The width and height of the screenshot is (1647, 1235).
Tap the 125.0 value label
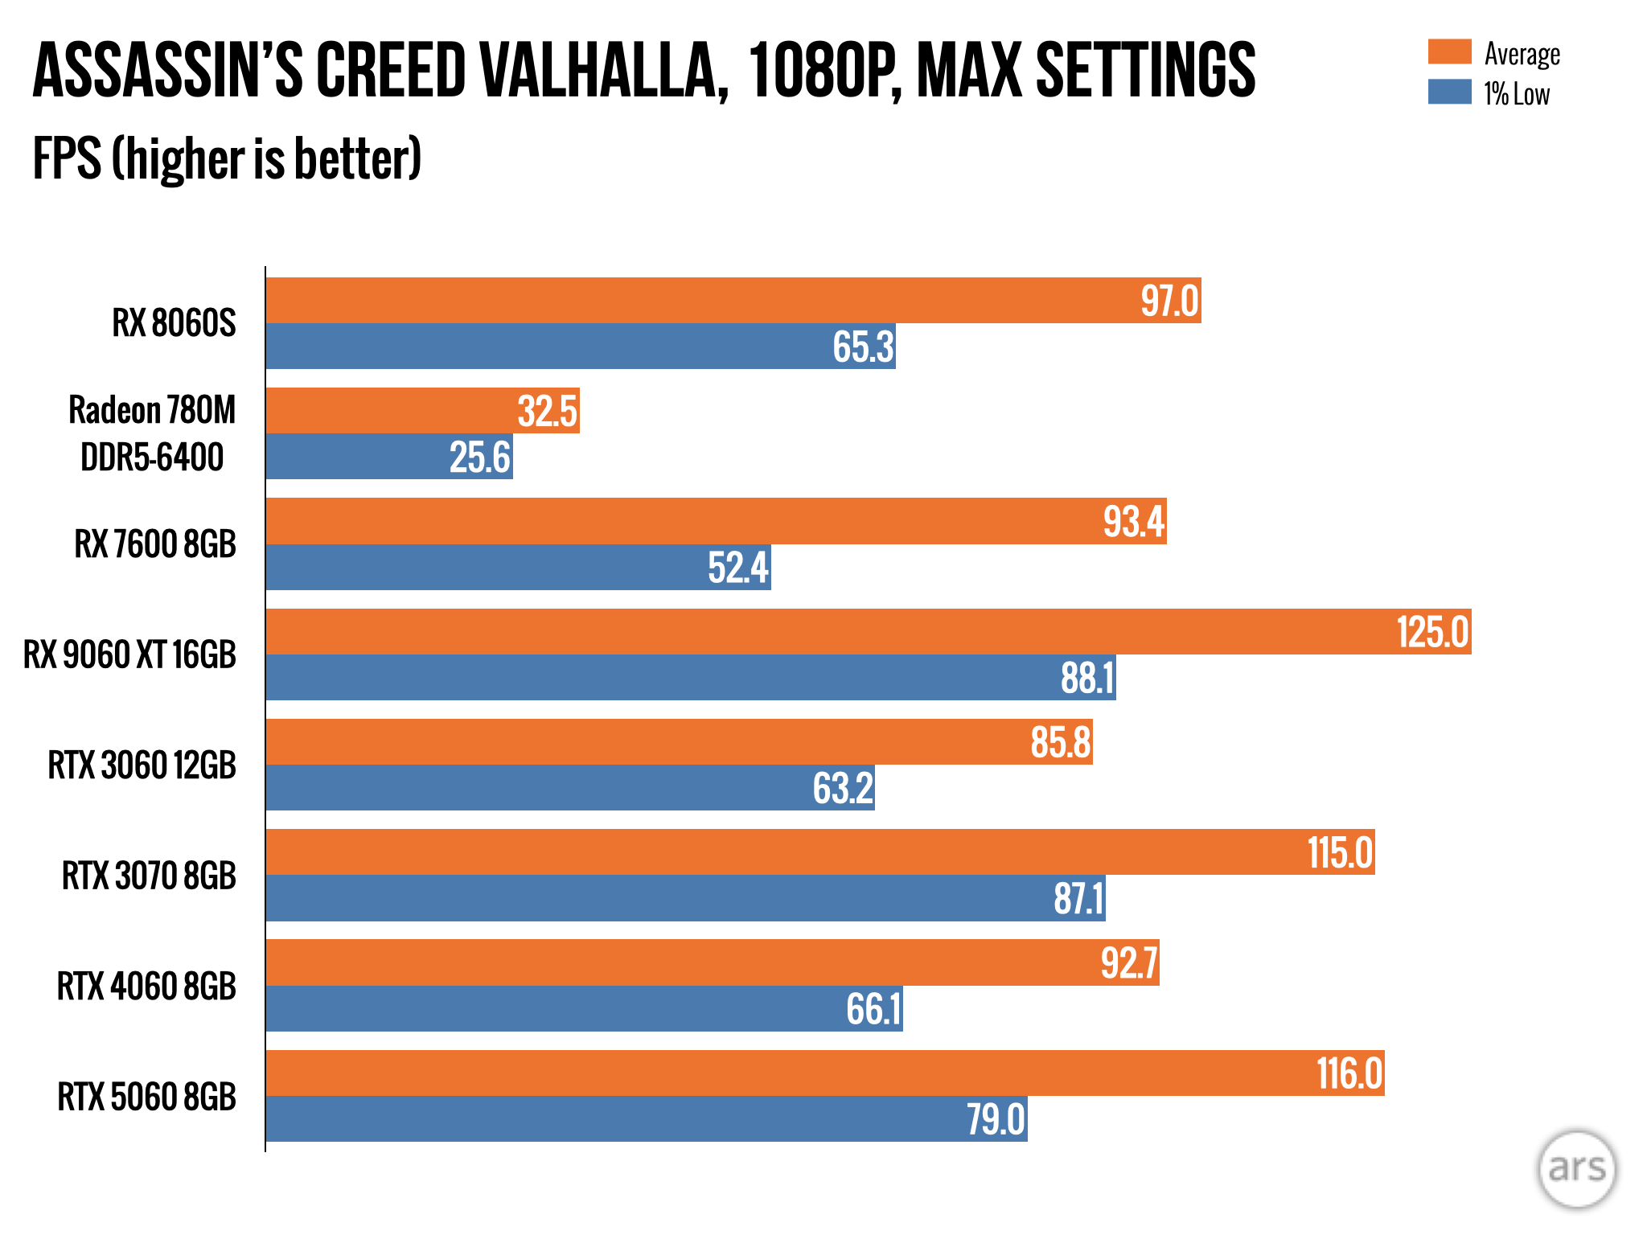pyautogui.click(x=1432, y=632)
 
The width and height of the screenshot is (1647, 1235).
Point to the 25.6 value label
pyautogui.click(x=479, y=457)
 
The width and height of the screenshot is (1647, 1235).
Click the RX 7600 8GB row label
pyautogui.click(x=155, y=544)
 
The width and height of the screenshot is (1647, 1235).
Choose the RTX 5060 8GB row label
pyautogui.click(x=146, y=1097)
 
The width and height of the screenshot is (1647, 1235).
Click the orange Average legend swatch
pyautogui.click(x=1449, y=51)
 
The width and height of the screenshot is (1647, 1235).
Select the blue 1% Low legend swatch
pyautogui.click(x=1449, y=92)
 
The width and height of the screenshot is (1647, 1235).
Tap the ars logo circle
pyautogui.click(x=1576, y=1168)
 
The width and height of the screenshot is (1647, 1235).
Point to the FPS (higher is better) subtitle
pyautogui.click(x=227, y=158)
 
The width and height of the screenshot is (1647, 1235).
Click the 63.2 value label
pyautogui.click(x=842, y=788)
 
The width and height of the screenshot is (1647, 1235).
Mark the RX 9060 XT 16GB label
pyautogui.click(x=129, y=654)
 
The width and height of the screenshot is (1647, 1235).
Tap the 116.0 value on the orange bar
pyautogui.click(x=1349, y=1073)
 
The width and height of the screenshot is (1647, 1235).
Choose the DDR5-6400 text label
pyautogui.click(x=152, y=457)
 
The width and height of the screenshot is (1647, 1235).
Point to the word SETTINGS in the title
pyautogui.click(x=1145, y=71)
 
